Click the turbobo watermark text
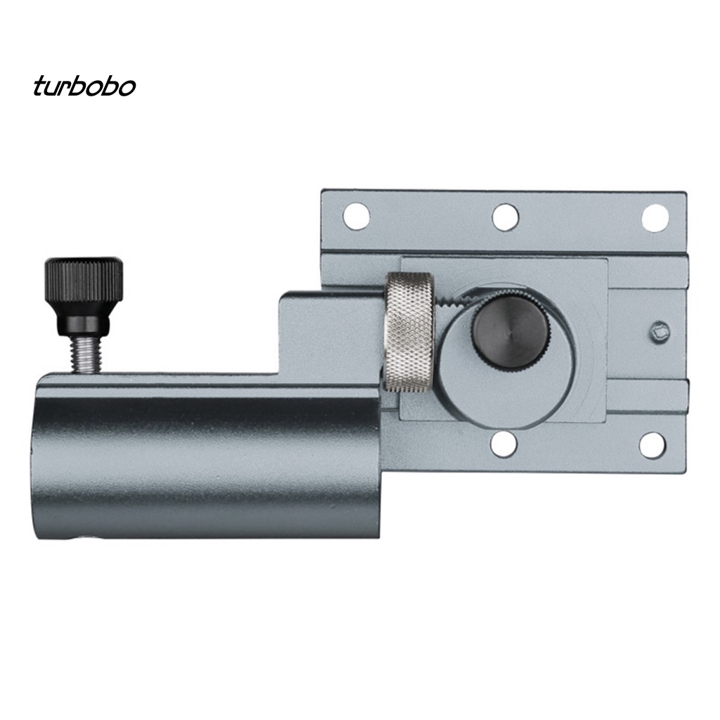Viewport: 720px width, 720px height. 84,86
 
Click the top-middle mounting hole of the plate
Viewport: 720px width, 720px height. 506,217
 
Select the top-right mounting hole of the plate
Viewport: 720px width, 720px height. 654,217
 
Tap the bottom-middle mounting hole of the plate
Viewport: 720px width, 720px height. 504,445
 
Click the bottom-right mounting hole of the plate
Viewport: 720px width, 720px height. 652,445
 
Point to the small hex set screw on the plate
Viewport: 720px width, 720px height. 660,330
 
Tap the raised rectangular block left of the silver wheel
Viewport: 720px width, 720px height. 330,330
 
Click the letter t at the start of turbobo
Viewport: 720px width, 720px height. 39,86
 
